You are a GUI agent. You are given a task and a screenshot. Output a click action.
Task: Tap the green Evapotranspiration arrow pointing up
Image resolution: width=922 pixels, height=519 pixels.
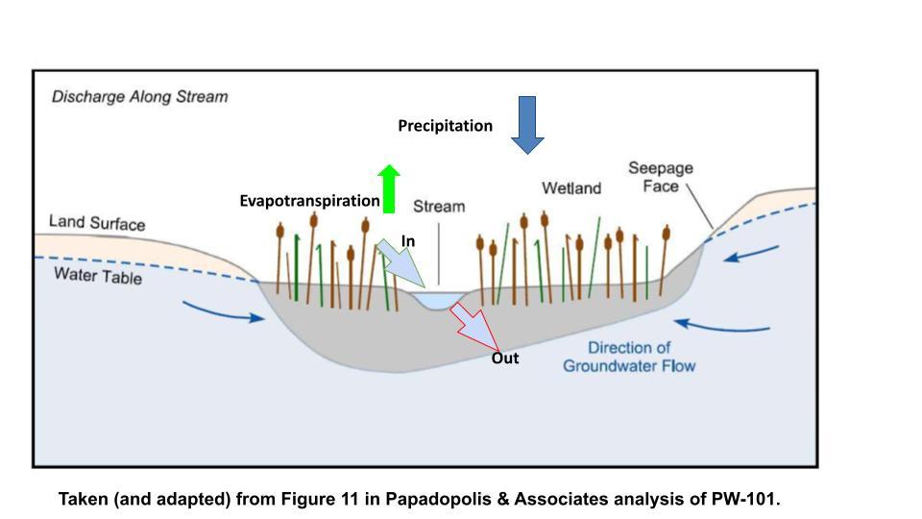[x=388, y=189]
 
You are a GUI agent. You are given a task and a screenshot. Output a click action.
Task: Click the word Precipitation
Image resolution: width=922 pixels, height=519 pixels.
[x=445, y=126]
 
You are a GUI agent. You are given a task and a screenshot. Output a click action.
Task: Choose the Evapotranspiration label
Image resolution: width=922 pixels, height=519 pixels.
[x=309, y=201]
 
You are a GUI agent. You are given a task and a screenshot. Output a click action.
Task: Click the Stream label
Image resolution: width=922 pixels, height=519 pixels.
[x=438, y=207]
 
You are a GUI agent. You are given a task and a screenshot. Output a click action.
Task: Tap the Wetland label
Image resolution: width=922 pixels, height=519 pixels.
[x=571, y=188]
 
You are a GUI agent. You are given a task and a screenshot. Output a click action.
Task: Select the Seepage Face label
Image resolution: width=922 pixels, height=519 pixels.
[x=661, y=177]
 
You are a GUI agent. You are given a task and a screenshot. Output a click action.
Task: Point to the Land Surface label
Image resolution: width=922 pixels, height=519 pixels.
[x=97, y=224]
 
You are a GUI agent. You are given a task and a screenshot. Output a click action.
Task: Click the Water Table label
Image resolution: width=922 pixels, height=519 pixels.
[x=98, y=276]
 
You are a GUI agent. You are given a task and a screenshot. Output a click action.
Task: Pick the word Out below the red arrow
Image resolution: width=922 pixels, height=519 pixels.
[x=505, y=358]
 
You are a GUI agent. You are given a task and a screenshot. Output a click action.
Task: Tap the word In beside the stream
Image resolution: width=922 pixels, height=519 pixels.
[x=408, y=240]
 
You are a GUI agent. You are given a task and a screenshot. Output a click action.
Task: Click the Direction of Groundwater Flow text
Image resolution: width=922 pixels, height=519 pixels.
[x=629, y=357]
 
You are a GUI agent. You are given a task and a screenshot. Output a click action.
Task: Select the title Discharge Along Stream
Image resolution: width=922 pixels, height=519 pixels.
[x=140, y=97]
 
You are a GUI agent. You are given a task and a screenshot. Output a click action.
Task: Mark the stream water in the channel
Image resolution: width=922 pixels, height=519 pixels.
[x=437, y=301]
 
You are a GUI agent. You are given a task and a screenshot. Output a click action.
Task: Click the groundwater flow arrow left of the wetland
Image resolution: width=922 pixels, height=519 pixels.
[x=227, y=312]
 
